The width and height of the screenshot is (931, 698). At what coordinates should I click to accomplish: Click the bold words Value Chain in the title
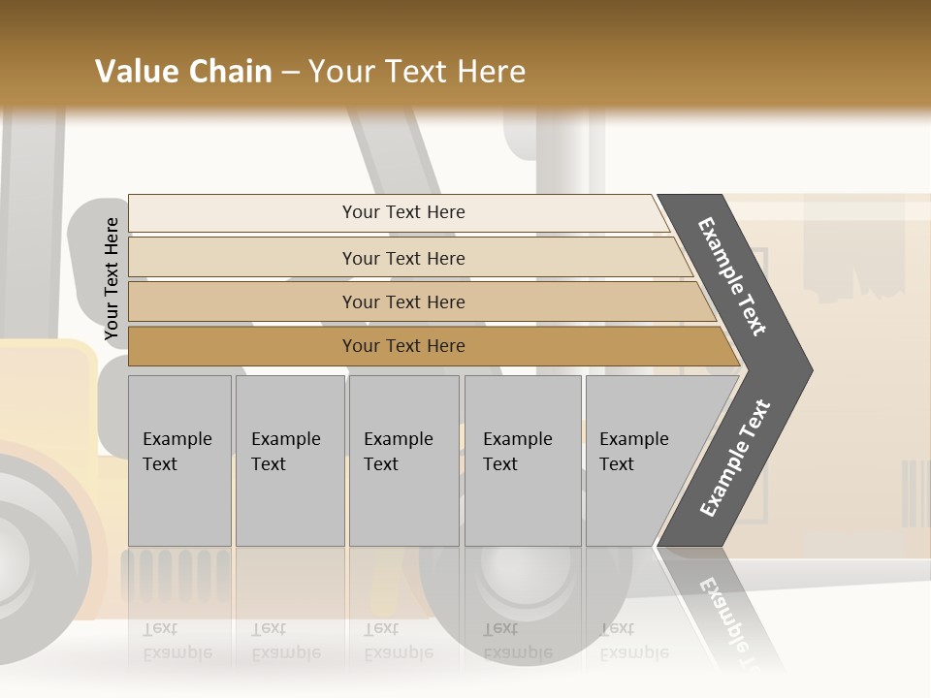coord(183,72)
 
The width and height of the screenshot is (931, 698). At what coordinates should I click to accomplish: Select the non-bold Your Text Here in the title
coord(417,72)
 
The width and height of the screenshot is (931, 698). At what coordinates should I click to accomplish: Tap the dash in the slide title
coord(290,73)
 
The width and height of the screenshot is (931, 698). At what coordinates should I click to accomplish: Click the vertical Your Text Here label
coord(112,279)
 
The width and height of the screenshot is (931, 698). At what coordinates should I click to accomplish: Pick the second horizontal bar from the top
coord(402,258)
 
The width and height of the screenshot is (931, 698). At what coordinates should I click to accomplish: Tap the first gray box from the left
coord(179,460)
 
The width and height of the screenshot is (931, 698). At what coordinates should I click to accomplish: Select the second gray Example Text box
coord(290,460)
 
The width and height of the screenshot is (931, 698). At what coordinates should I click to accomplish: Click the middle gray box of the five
coord(403,460)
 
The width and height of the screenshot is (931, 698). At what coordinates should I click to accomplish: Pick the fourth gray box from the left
coord(523,460)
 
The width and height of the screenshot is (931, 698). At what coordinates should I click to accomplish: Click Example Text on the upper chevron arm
coord(733,276)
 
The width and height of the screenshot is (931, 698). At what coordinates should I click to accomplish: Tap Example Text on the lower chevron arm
coord(735,458)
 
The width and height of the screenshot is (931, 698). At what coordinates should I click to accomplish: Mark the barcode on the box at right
coord(915,493)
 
